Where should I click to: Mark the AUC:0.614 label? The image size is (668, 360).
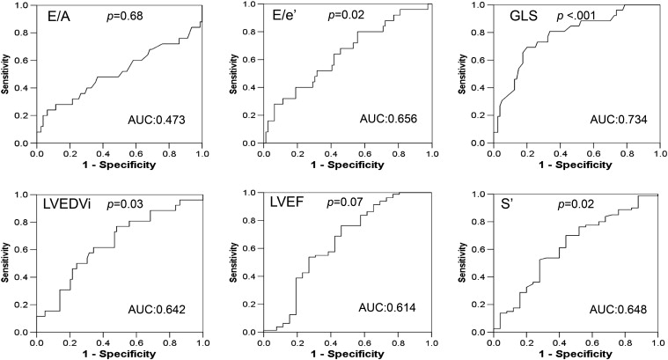pyautogui.click(x=388, y=306)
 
